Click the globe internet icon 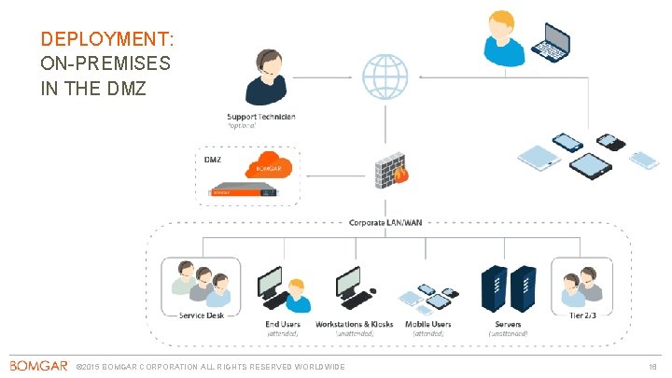pyautogui.click(x=385, y=77)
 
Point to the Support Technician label pyautogui.click(x=261, y=117)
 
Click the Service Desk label pyautogui.click(x=201, y=315)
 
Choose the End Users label pyautogui.click(x=284, y=324)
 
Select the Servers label pyautogui.click(x=507, y=324)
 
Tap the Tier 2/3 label pyautogui.click(x=581, y=315)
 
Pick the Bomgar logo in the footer pyautogui.click(x=38, y=365)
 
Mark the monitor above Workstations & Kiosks pyautogui.click(x=350, y=283)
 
